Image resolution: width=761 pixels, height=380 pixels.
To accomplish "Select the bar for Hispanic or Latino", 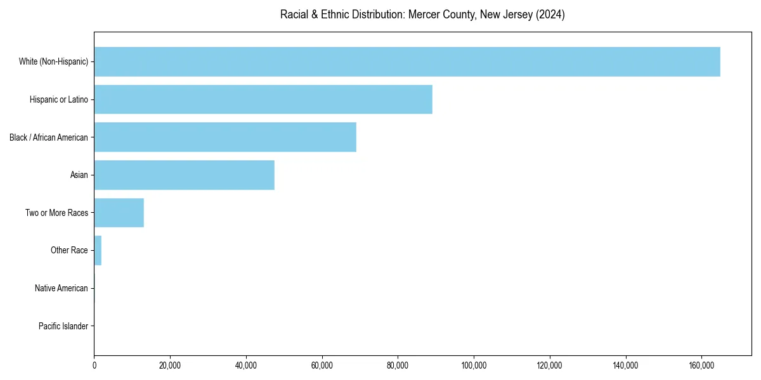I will (x=263, y=99).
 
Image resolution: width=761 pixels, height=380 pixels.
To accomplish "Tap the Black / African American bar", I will (x=225, y=137).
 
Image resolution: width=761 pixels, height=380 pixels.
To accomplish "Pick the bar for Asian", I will (x=184, y=175).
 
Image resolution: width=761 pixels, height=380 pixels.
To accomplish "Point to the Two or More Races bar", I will (x=119, y=213).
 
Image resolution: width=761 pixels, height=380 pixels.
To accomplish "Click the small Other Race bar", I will (x=98, y=250).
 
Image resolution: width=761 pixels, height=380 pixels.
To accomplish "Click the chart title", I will (x=422, y=15).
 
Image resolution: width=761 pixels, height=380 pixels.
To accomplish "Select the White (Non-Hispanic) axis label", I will (x=53, y=61).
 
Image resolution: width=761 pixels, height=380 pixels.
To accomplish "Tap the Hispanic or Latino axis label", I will (x=59, y=99).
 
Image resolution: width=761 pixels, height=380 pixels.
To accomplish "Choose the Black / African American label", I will (x=49, y=137).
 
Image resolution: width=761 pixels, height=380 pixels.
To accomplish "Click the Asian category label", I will (x=79, y=175).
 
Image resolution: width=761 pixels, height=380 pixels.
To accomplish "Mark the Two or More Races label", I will (x=56, y=213).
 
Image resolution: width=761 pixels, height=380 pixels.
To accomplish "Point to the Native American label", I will (x=62, y=288).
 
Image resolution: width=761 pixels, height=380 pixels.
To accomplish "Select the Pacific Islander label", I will (x=63, y=326).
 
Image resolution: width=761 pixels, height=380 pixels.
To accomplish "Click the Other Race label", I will (x=69, y=250).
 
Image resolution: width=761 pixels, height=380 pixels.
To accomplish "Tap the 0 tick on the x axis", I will (x=94, y=365).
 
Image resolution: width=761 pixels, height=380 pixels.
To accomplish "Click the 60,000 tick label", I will (x=322, y=365).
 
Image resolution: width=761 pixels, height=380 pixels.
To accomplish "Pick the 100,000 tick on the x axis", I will (x=474, y=365).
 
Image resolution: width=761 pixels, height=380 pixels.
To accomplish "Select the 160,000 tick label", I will (x=701, y=365).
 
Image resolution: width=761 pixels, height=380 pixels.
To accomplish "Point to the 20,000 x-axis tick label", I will (x=170, y=365).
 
